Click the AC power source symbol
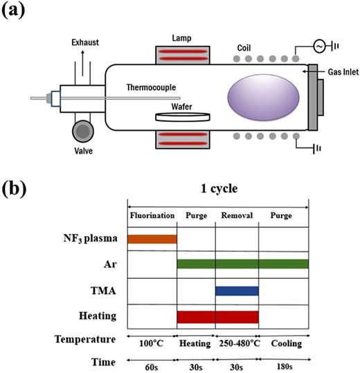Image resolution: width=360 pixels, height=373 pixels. click(321, 46)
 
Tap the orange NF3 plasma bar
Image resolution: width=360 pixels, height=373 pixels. click(152, 239)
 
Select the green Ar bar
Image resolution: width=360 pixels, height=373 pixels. click(242, 264)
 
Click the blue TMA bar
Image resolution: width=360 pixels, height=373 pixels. click(237, 291)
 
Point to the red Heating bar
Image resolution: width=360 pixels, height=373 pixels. click(217, 316)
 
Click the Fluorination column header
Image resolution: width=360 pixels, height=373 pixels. click(152, 216)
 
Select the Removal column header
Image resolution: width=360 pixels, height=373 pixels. click(237, 216)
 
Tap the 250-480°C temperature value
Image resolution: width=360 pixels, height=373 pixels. click(237, 341)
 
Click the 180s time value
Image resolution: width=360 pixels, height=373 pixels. click(283, 363)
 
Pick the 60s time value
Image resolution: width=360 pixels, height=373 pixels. click(152, 363)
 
